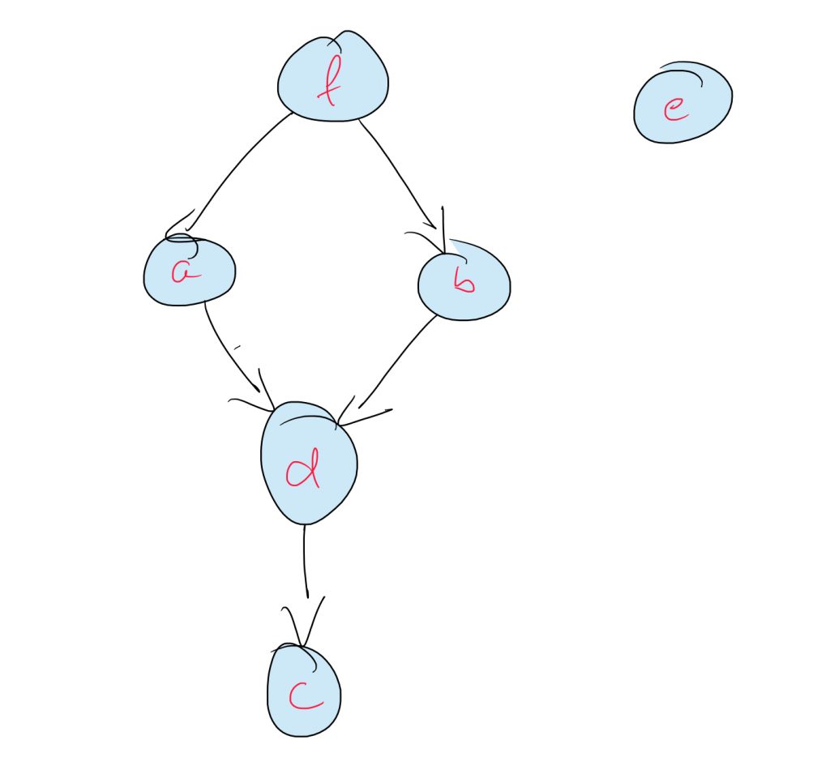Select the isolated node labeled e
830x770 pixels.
coord(682,102)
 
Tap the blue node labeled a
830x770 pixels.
coord(190,272)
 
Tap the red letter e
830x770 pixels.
coord(674,110)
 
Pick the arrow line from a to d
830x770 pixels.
coord(227,349)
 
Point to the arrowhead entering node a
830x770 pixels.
coord(182,227)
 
